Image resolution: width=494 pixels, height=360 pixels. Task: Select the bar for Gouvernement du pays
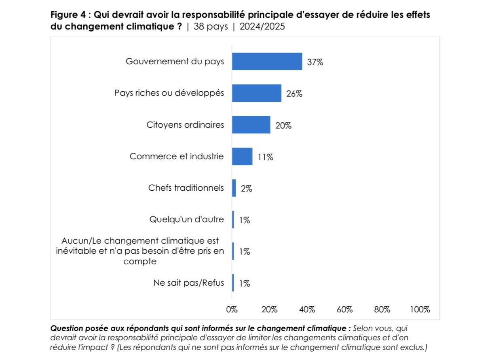click(267, 61)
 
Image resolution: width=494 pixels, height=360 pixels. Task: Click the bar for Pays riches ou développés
click(256, 93)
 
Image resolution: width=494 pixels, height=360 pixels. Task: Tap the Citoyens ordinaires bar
click(251, 124)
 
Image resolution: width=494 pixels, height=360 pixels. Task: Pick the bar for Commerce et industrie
click(242, 156)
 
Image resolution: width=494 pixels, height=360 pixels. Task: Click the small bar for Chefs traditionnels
click(234, 188)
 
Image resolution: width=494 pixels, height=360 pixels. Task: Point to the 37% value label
click(315, 62)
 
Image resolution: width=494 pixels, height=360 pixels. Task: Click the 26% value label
click(294, 94)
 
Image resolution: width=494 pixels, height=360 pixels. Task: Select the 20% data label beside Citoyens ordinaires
click(283, 126)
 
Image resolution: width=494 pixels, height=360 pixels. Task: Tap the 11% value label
click(265, 157)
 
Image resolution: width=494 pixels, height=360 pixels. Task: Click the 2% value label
click(246, 189)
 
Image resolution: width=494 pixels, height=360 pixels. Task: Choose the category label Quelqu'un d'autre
click(186, 220)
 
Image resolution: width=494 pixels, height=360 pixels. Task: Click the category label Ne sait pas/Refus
click(188, 283)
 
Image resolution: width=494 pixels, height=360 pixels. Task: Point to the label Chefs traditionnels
click(186, 188)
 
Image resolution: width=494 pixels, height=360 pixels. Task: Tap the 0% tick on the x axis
click(232, 310)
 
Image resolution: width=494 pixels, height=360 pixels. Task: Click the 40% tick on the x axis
click(307, 310)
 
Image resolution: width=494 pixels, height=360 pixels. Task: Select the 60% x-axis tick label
click(345, 310)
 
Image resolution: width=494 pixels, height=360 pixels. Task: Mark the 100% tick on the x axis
click(420, 310)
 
